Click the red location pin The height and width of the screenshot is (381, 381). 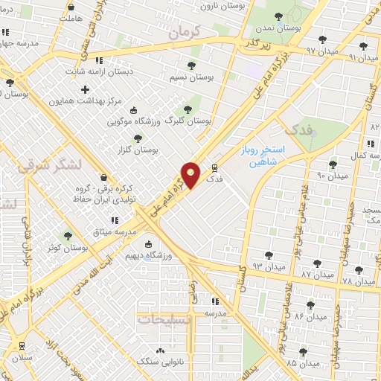click(192, 175)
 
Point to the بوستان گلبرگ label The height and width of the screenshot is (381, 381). click(189, 119)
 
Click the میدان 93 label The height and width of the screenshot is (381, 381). click(268, 266)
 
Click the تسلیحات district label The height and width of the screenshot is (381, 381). click(164, 318)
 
